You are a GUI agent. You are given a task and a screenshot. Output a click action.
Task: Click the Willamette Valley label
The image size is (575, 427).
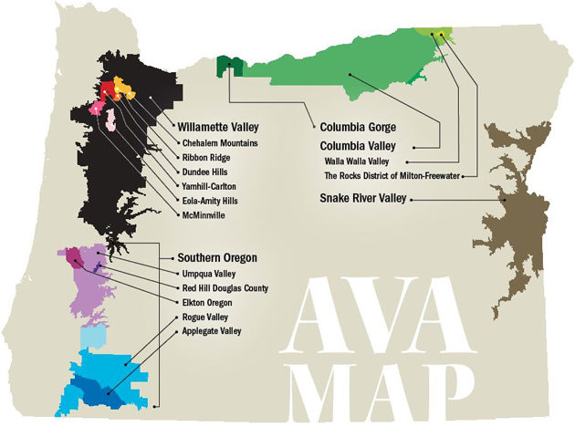(x=222, y=128)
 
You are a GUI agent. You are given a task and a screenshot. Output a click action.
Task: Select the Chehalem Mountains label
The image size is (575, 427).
(x=220, y=143)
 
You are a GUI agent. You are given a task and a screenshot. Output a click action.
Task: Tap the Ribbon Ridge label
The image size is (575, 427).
(x=206, y=158)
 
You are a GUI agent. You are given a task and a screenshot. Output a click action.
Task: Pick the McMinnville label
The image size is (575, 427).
(x=204, y=215)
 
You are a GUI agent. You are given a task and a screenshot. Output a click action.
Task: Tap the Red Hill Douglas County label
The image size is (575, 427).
(x=225, y=287)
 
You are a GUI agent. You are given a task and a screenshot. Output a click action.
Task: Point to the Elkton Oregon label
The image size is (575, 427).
(x=207, y=302)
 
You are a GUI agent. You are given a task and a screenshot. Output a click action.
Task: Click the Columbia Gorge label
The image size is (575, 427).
(x=358, y=128)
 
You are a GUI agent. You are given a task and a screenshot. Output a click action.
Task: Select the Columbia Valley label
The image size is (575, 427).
(x=359, y=145)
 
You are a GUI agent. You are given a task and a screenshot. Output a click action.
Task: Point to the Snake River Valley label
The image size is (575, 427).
(x=364, y=197)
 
